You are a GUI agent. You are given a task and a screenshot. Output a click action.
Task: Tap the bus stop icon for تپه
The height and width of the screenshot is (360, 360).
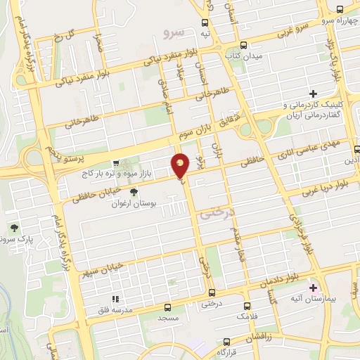click(205, 22)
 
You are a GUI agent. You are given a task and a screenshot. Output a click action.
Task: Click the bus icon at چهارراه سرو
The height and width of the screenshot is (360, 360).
click(340, 9)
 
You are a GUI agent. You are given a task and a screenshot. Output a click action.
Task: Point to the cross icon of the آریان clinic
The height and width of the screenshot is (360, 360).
click(314, 94)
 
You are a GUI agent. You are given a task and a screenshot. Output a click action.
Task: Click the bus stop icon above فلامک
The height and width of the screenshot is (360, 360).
click(247, 306)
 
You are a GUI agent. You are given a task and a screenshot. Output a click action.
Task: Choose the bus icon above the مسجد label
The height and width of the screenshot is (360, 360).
click(167, 307)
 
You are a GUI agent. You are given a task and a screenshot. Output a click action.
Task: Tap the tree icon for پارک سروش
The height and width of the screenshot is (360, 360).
click(14, 227)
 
